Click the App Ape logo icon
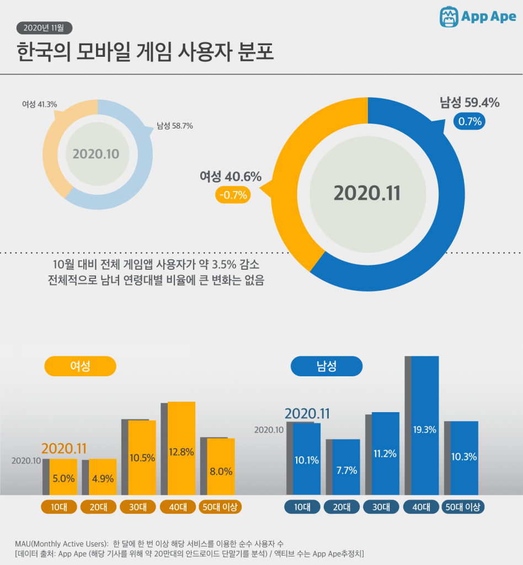point(450,17)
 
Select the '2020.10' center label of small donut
point(96,153)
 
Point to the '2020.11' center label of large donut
point(367,193)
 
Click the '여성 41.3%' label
point(39,104)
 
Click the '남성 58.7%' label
point(174,126)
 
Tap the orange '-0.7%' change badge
point(232,194)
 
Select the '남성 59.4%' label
point(469,103)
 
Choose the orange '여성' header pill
point(81,366)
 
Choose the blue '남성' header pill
point(327,366)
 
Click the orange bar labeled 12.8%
point(182,448)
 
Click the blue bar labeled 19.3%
point(425,425)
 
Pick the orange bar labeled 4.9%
point(103,477)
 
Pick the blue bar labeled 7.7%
point(346,467)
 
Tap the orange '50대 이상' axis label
point(221,507)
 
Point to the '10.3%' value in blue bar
point(464,457)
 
